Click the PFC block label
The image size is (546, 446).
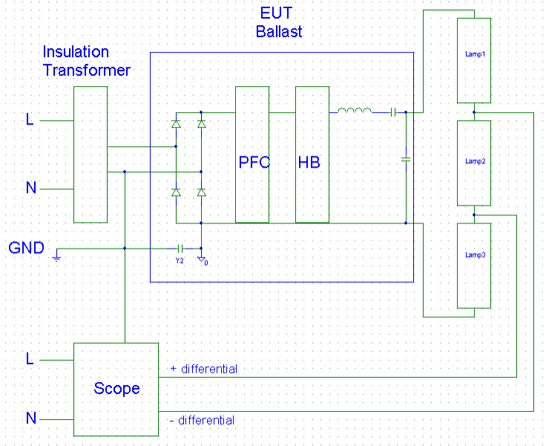pyautogui.click(x=254, y=162)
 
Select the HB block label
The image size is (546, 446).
pyautogui.click(x=309, y=162)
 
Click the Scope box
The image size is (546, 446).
pyautogui.click(x=116, y=389)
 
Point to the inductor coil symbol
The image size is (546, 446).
pyautogui.click(x=355, y=111)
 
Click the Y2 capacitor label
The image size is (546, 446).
pyautogui.click(x=179, y=261)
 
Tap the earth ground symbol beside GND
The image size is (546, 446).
pyautogui.click(x=57, y=258)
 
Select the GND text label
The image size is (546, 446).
pyautogui.click(x=26, y=248)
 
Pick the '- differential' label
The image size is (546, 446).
pyautogui.click(x=202, y=421)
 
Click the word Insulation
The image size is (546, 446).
pyautogui.click(x=76, y=52)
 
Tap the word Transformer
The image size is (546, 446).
pyautogui.click(x=86, y=70)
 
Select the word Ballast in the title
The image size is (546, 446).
pyautogui.click(x=279, y=32)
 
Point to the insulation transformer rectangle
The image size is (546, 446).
pyautogui.click(x=91, y=154)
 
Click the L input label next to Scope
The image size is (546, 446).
pyautogui.click(x=30, y=359)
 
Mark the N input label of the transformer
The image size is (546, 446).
pyautogui.click(x=31, y=188)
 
